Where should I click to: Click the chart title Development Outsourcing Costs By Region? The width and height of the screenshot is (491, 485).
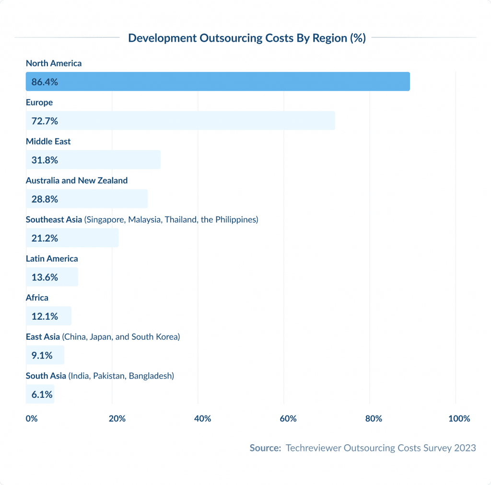click(x=247, y=38)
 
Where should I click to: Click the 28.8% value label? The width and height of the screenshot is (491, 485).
click(x=45, y=199)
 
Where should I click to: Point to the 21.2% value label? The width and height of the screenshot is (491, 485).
click(x=45, y=238)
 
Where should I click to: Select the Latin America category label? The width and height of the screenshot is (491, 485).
click(x=52, y=259)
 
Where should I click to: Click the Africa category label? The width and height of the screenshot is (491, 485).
click(x=37, y=298)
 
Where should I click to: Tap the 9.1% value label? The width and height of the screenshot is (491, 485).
click(x=42, y=356)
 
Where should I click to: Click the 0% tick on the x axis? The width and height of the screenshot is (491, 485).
click(x=31, y=419)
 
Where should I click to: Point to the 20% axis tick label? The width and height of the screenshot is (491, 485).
click(x=117, y=419)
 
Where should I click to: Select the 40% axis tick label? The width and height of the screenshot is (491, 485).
click(x=202, y=419)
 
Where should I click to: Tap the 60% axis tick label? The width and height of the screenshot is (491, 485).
click(x=288, y=419)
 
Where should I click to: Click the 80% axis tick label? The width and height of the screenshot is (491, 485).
click(x=374, y=419)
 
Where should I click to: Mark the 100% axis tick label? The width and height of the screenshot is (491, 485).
click(x=459, y=419)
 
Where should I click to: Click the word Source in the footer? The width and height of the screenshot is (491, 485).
click(x=264, y=448)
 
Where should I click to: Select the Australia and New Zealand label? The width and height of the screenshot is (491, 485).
click(x=77, y=181)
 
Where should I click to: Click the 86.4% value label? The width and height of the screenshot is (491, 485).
click(x=45, y=82)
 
